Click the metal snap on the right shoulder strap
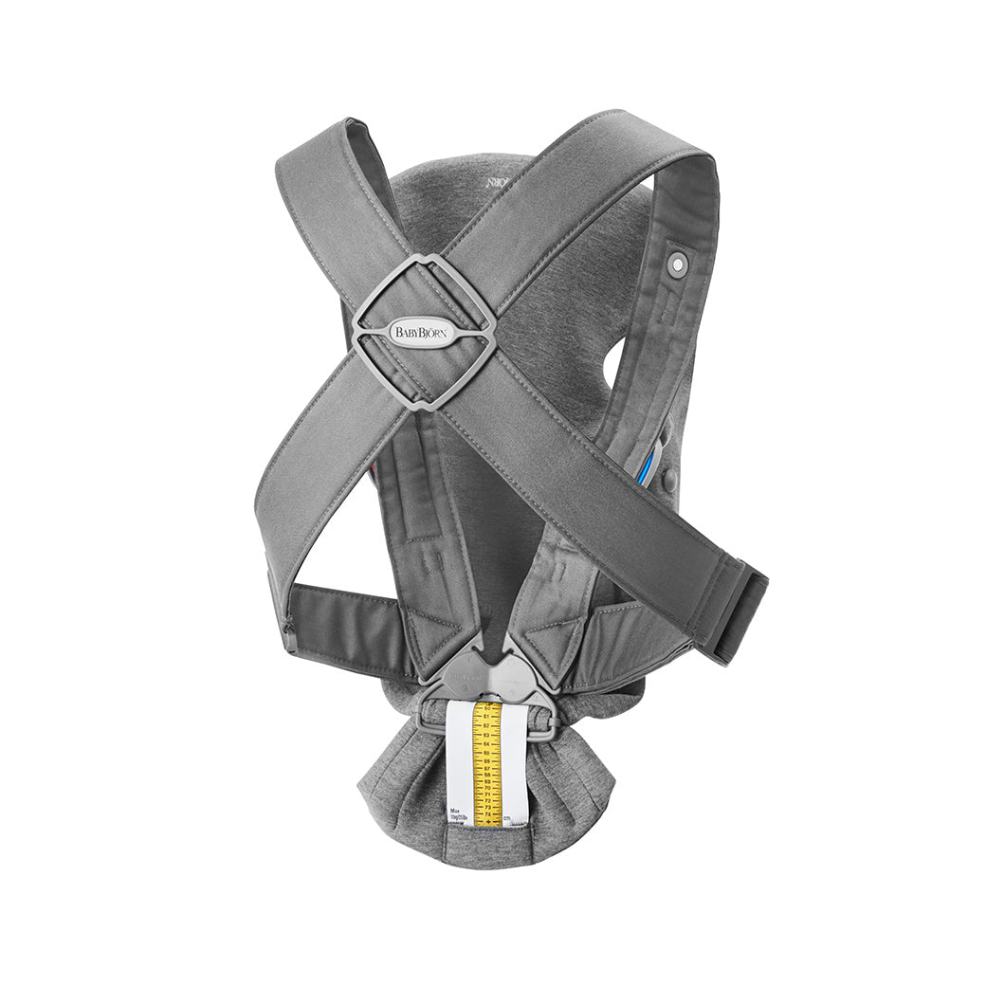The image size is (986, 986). click(675, 265)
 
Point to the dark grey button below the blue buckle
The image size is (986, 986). click(669, 481)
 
